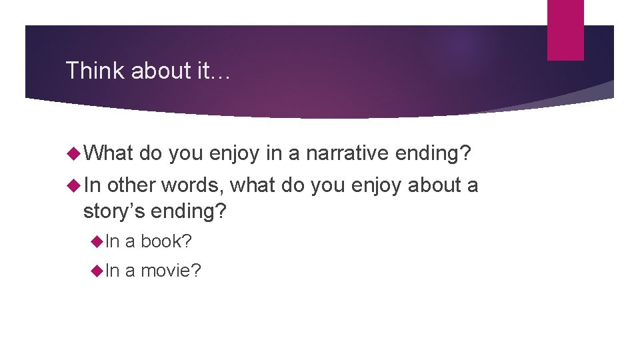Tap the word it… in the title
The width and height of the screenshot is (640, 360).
tap(213, 70)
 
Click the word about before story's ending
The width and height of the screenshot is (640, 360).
tap(437, 185)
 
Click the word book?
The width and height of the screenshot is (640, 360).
tap(166, 241)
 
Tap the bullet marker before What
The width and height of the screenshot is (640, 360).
tap(73, 153)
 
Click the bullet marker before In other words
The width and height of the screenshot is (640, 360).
tap(73, 185)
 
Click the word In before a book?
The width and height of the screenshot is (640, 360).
tap(113, 241)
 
